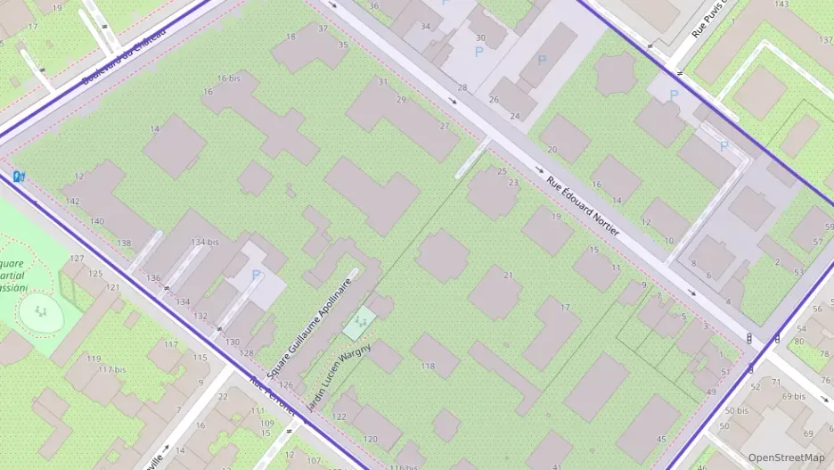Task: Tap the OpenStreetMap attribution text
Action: pos(786,458)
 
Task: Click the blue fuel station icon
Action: pos(18,176)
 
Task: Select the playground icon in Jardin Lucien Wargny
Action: pos(361,318)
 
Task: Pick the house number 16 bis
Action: pos(228,78)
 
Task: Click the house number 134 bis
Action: pos(205,243)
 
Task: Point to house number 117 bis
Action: pos(111,370)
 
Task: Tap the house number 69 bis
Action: pos(793,396)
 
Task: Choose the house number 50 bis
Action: pos(736,411)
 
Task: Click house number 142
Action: pos(73,201)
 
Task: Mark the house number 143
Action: pos(781,4)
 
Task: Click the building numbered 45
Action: pos(661,439)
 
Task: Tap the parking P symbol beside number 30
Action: pos(478,53)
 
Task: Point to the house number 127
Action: pos(77,259)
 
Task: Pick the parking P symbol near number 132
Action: pos(257,275)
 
